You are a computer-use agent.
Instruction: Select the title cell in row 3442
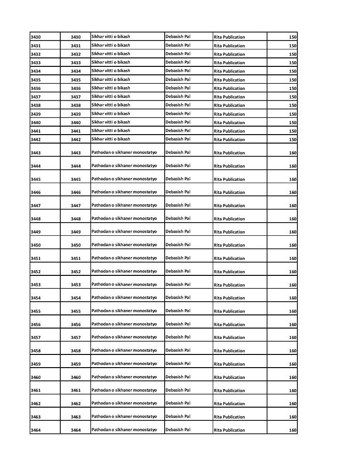pos(111,139)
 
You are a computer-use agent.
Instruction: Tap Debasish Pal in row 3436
pos(178,88)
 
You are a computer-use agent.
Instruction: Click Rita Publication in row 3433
pos(229,63)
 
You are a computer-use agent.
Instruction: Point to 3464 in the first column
pos(35,430)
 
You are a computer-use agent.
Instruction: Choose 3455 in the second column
pos(76,311)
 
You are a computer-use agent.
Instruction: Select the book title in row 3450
pos(124,245)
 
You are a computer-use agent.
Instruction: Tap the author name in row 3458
pos(178,350)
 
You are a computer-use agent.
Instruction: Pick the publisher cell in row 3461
pos(229,391)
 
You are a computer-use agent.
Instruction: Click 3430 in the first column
pos(35,37)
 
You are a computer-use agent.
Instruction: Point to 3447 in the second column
pos(76,206)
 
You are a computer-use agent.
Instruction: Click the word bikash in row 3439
pos(123,113)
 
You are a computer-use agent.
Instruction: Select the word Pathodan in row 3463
pos(101,417)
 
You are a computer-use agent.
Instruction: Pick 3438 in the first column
pos(35,105)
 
